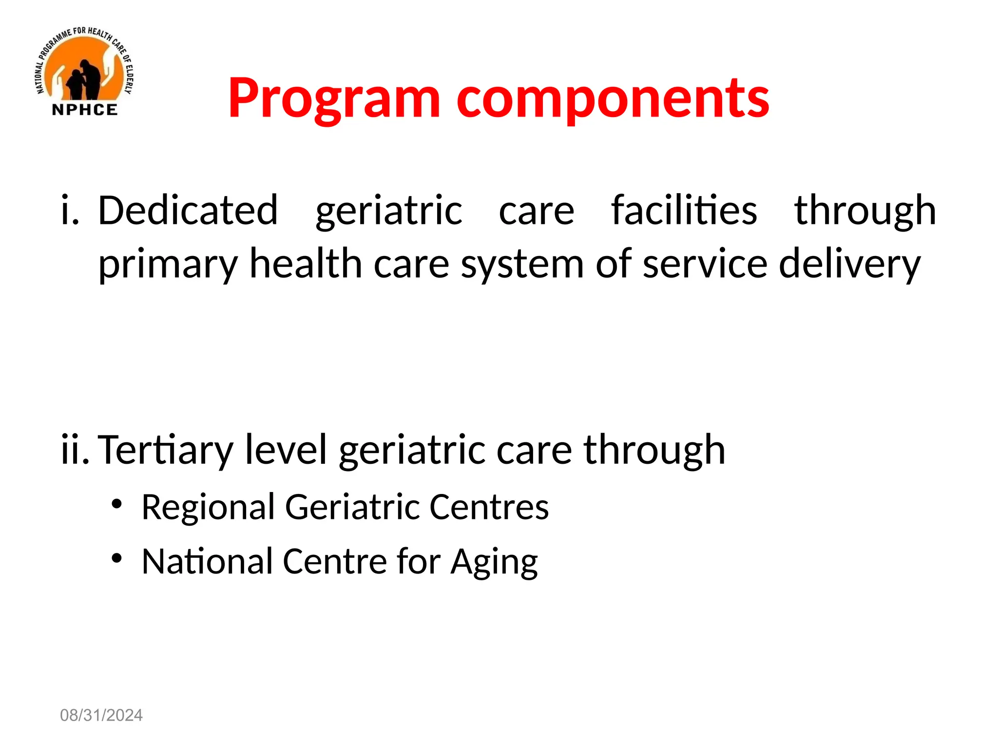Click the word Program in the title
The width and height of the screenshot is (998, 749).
click(334, 99)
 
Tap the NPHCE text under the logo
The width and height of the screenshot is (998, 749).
click(85, 110)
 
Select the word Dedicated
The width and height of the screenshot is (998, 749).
click(188, 211)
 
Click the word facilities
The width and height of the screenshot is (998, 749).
click(684, 211)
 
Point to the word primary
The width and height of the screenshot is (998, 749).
click(168, 264)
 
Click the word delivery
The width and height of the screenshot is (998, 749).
click(849, 264)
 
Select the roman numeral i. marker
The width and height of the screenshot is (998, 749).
click(70, 211)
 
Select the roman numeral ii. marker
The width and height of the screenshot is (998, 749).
click(75, 450)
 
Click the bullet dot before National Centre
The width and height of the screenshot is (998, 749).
click(116, 558)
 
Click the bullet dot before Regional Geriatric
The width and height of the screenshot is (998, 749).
click(116, 504)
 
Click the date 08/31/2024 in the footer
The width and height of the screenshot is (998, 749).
click(101, 715)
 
